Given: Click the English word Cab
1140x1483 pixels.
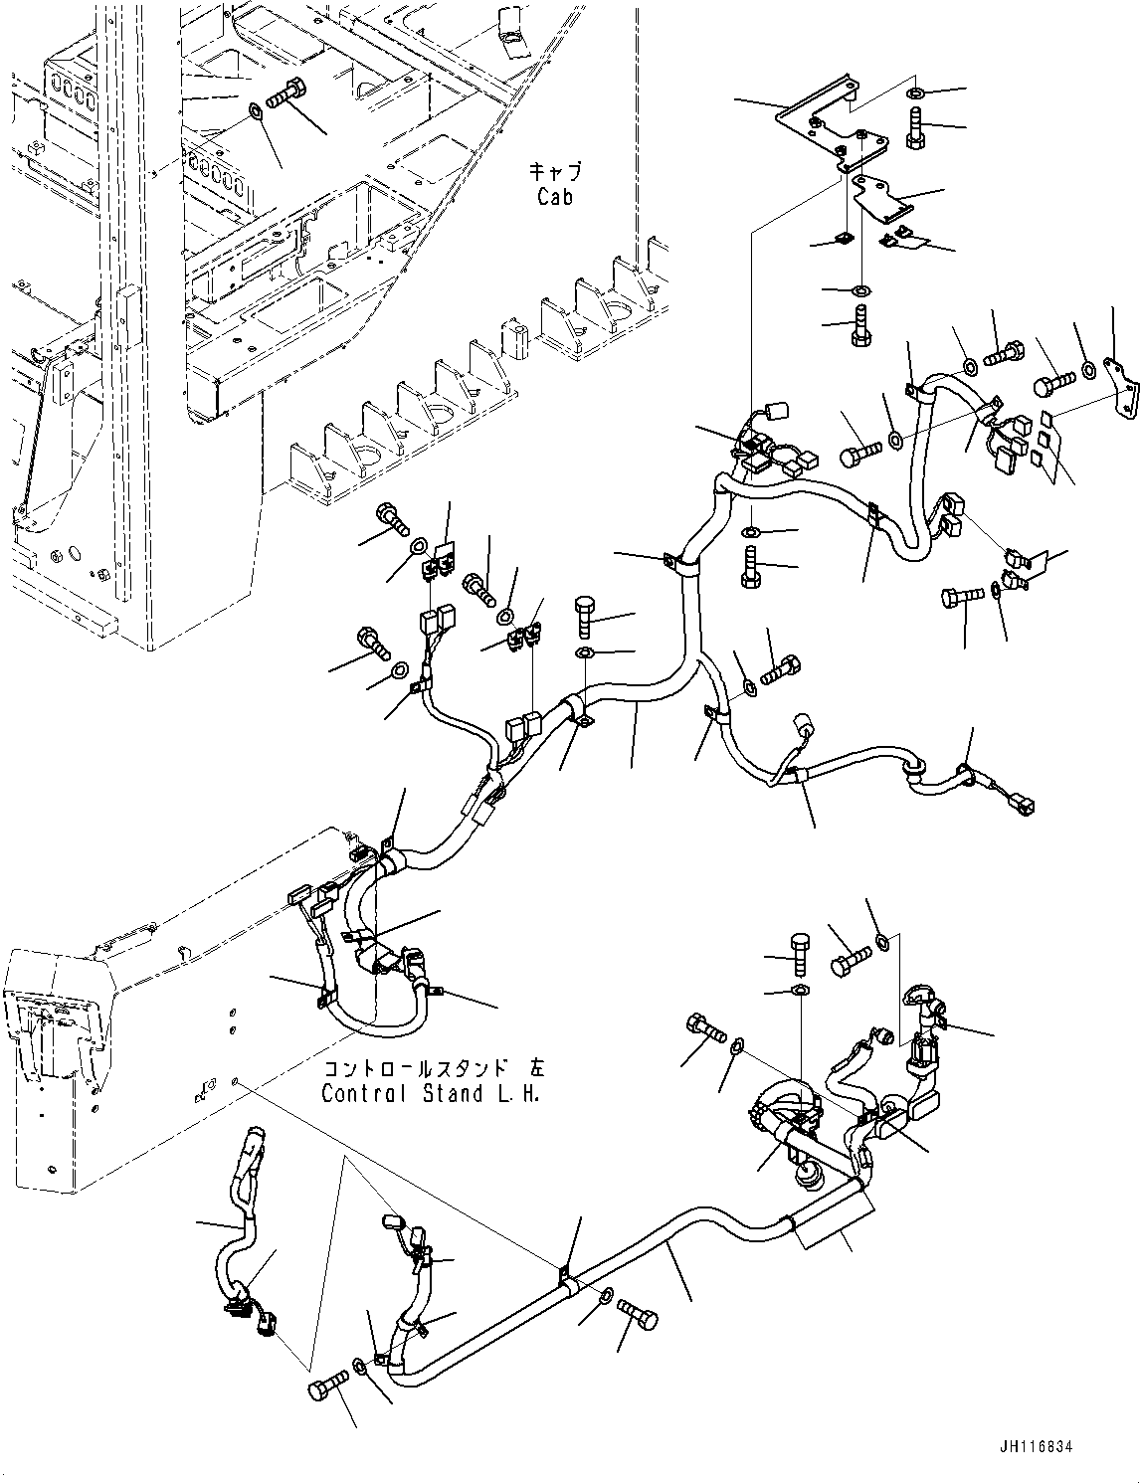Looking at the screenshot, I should [x=555, y=197].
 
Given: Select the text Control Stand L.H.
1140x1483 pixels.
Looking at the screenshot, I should [x=433, y=1093].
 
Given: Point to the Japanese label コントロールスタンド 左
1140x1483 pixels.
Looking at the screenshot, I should [x=433, y=1069].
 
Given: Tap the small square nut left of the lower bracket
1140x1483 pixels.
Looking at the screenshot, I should [x=844, y=239].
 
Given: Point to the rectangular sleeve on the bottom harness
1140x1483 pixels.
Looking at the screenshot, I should [x=834, y=1222].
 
